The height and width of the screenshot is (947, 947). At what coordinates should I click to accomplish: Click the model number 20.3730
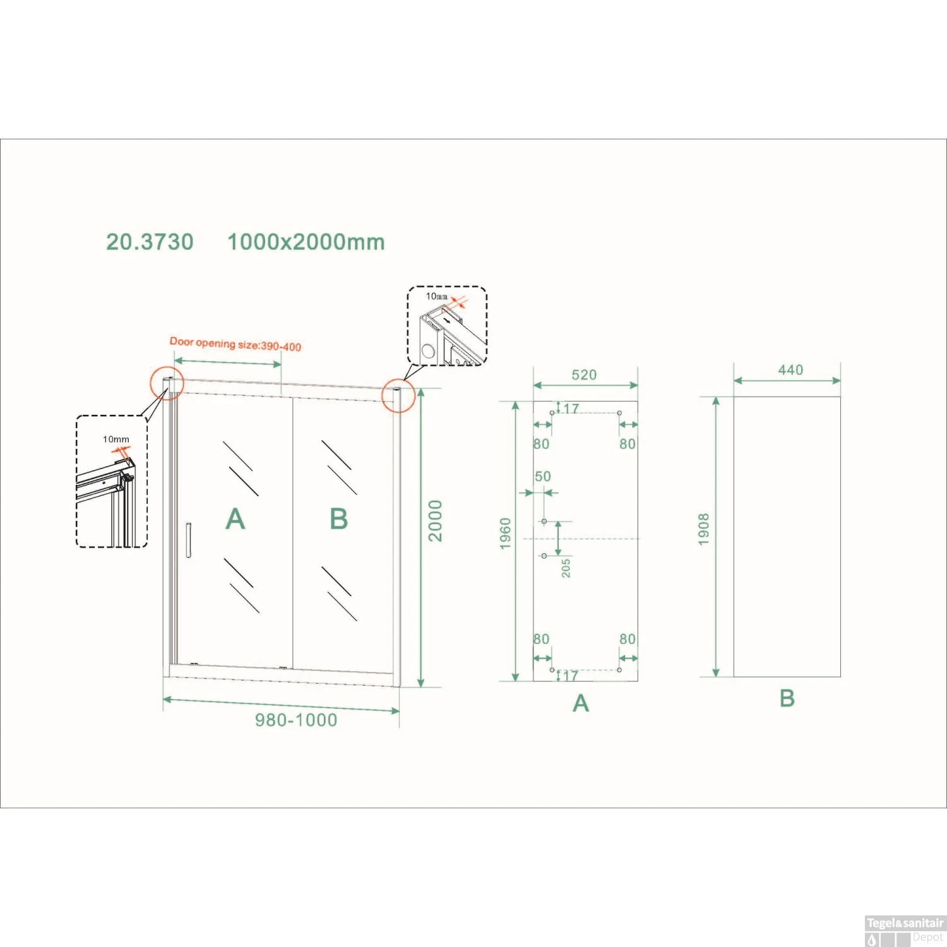pyautogui.click(x=150, y=242)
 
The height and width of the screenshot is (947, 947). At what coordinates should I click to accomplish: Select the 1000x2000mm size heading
pyautogui.click(x=306, y=242)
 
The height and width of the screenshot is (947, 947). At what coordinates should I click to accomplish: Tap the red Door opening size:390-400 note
pyautogui.click(x=235, y=344)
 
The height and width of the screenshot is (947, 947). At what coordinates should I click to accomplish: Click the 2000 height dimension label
pyautogui.click(x=436, y=521)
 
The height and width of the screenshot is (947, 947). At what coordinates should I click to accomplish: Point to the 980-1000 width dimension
pyautogui.click(x=296, y=720)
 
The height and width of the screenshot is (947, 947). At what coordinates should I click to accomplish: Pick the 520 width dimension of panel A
pyautogui.click(x=584, y=375)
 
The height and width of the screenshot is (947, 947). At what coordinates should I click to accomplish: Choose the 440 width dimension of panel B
pyautogui.click(x=790, y=370)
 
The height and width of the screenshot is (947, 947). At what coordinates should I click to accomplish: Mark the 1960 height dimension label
pyautogui.click(x=506, y=533)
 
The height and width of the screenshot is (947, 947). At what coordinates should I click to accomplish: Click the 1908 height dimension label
pyautogui.click(x=704, y=529)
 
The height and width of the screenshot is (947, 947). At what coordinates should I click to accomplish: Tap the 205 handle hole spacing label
pyautogui.click(x=566, y=568)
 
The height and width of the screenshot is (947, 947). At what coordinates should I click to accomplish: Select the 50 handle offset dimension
pyautogui.click(x=543, y=477)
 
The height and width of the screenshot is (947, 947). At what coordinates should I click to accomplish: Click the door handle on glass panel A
pyautogui.click(x=188, y=540)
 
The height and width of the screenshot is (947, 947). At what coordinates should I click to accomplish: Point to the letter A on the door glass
pyautogui.click(x=235, y=519)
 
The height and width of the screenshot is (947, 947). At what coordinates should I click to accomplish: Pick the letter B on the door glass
pyautogui.click(x=339, y=519)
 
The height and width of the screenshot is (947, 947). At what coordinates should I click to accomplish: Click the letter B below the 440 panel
pyautogui.click(x=787, y=698)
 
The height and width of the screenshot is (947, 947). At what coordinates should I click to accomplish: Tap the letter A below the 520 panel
pyautogui.click(x=581, y=703)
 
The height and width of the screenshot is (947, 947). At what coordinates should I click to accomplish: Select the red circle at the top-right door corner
pyautogui.click(x=398, y=396)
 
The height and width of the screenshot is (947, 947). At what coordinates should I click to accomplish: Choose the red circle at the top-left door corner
pyautogui.click(x=167, y=383)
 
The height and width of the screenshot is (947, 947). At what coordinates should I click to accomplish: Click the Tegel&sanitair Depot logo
pyautogui.click(x=905, y=931)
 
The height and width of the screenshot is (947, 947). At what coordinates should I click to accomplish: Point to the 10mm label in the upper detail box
pyautogui.click(x=436, y=296)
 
